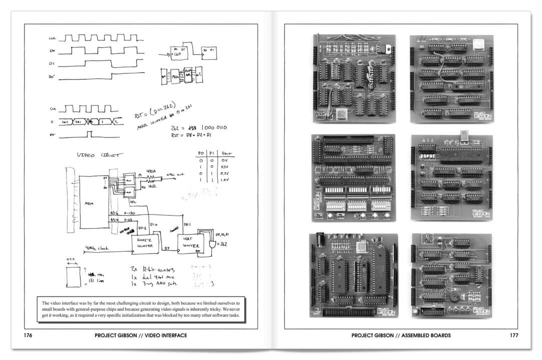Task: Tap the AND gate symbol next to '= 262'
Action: pyautogui.click(x=213, y=245)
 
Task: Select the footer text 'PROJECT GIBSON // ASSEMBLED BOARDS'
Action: pyautogui.click(x=401, y=335)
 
